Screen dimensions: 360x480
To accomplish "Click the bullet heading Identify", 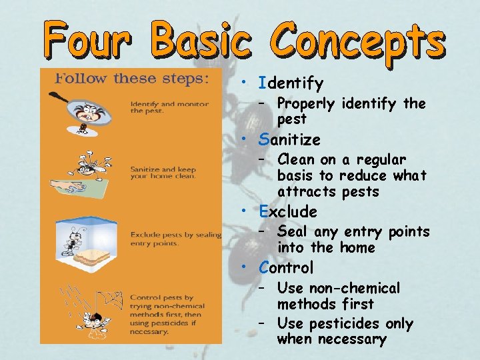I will pyautogui.click(x=291, y=84).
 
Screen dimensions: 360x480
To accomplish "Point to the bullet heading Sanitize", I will pyautogui.click(x=290, y=140).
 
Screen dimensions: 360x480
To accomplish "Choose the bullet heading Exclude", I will pyautogui.click(x=289, y=212).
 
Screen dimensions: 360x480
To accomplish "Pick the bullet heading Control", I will pyautogui.click(x=287, y=268).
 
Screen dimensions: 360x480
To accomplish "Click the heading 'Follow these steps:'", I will pyautogui.click(x=131, y=78).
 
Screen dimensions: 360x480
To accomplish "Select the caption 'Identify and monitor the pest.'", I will pyautogui.click(x=169, y=107).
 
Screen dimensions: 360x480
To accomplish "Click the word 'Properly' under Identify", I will pyautogui.click(x=307, y=103).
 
